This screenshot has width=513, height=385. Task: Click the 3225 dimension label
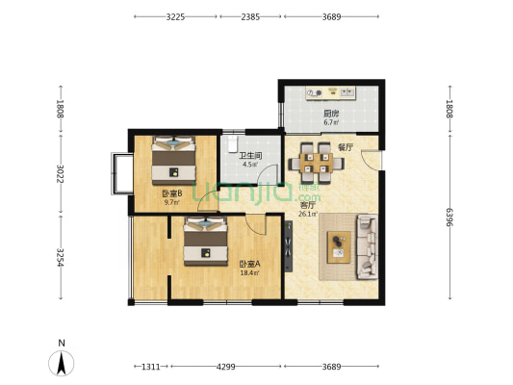pos(175,16)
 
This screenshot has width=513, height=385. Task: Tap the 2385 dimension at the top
pos(250,16)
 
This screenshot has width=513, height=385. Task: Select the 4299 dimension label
pos(226,367)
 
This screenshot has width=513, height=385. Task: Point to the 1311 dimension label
pos(151,367)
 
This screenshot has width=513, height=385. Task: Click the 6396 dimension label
pos(449,218)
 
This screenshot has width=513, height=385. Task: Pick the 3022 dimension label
pos(60,173)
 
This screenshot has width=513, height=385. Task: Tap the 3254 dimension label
pos(60,257)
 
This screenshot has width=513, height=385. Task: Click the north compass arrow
pos(62,363)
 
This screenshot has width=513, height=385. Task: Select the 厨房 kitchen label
pos(331,114)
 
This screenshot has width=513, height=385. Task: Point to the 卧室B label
pos(172,193)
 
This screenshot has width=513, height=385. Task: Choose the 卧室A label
pos(249,264)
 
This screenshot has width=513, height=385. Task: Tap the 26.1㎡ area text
pos(308,215)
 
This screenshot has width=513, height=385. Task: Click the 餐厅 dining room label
pos(346,147)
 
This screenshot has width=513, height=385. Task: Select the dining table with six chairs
pos(316,163)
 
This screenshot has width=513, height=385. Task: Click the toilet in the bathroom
pos(232,144)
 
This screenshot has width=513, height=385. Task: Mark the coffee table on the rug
pos(340,247)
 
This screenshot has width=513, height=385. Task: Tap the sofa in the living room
pos(367,246)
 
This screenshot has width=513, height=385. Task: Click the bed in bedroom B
pos(173,161)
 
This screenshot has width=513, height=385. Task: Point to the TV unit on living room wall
pos(288,246)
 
